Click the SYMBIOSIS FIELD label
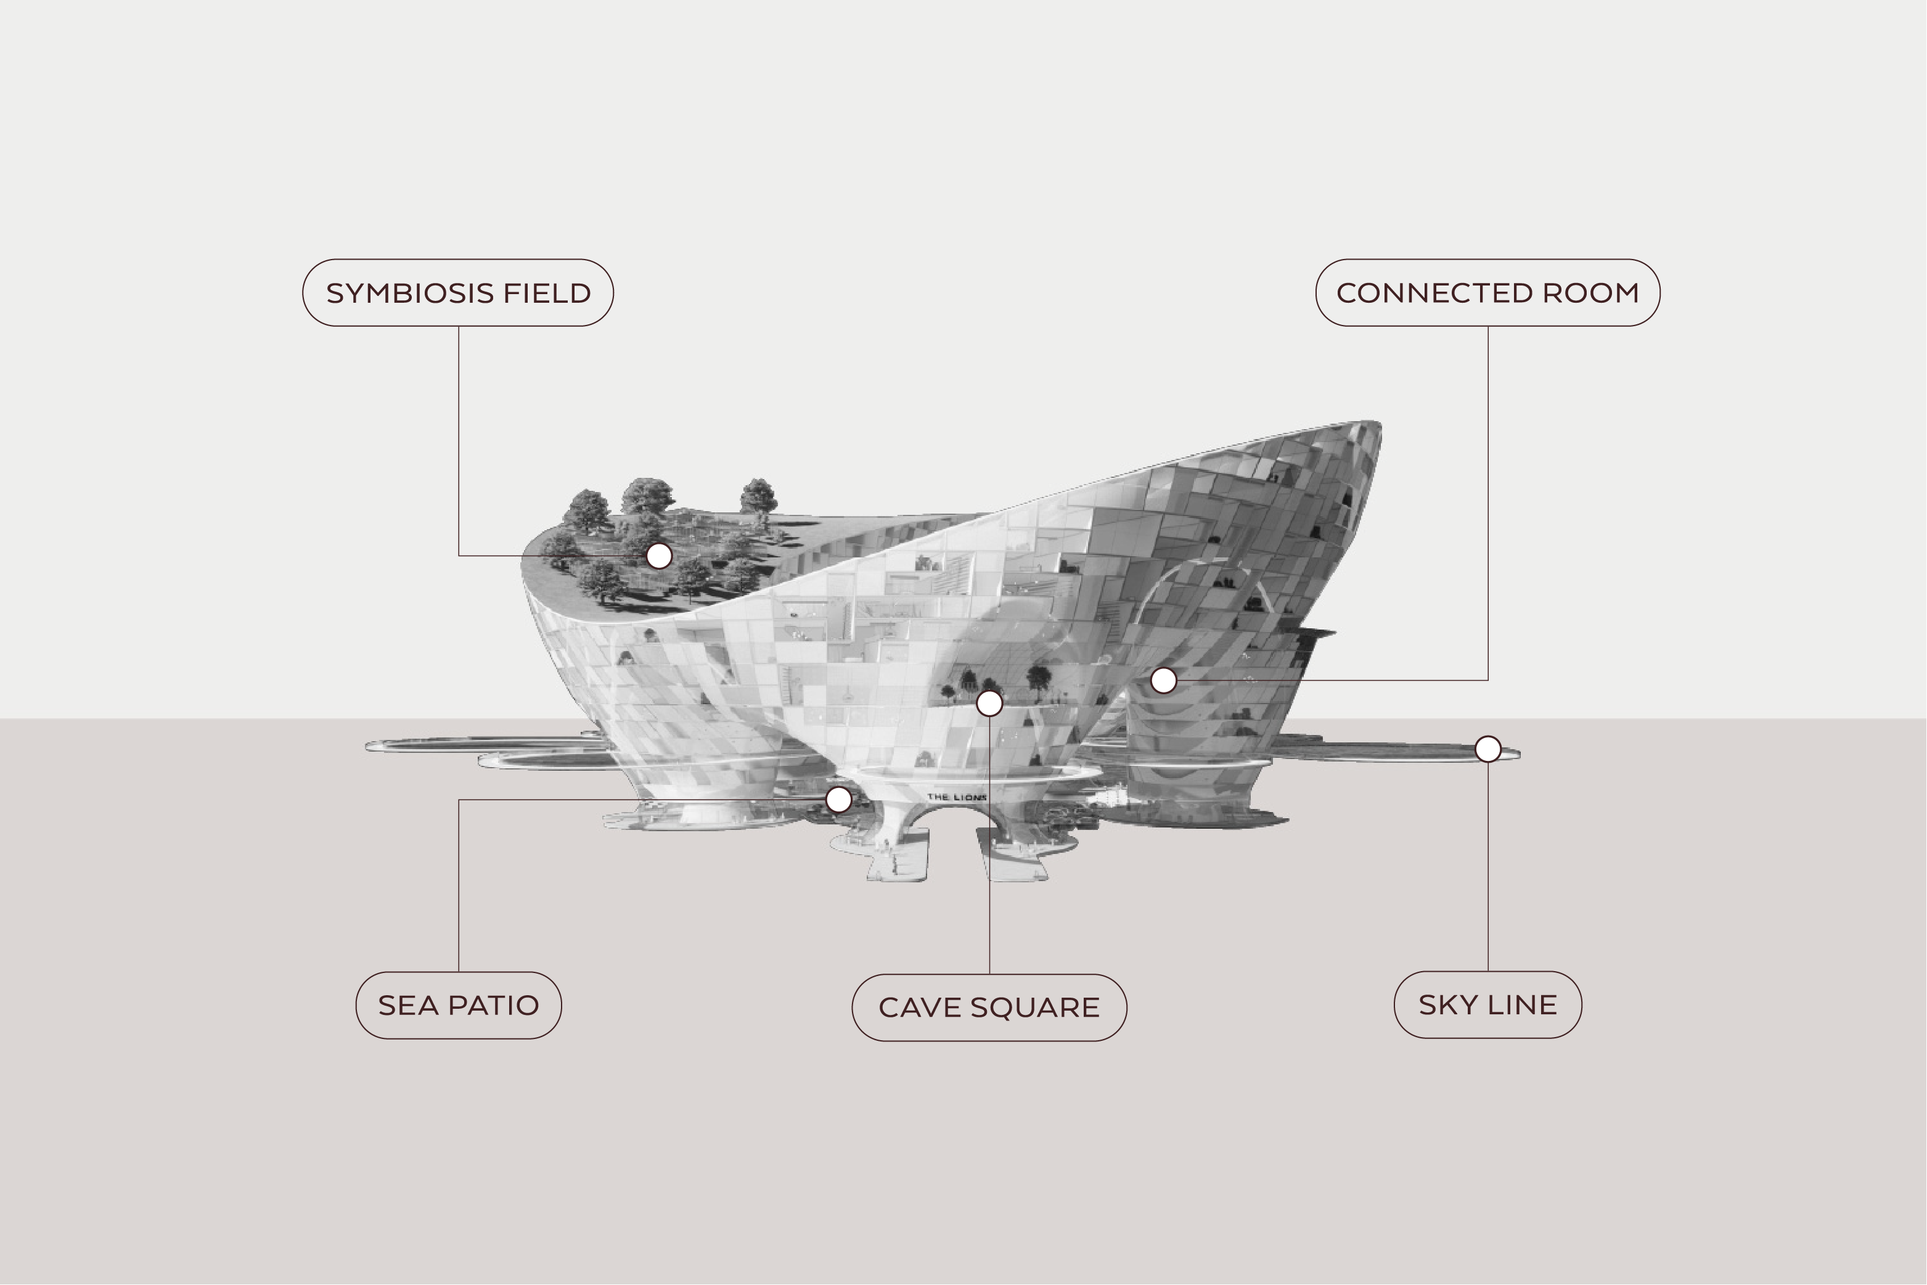click(x=458, y=292)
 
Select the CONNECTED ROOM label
click(x=1488, y=292)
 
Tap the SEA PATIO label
click(x=459, y=1006)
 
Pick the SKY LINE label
click(x=1488, y=1004)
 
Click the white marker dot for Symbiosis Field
click(x=660, y=556)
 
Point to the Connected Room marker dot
click(x=1163, y=680)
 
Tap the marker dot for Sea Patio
click(x=838, y=800)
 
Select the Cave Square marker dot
click(x=990, y=703)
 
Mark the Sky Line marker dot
click(x=1488, y=749)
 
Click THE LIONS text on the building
click(x=957, y=797)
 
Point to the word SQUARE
click(x=1036, y=1008)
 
